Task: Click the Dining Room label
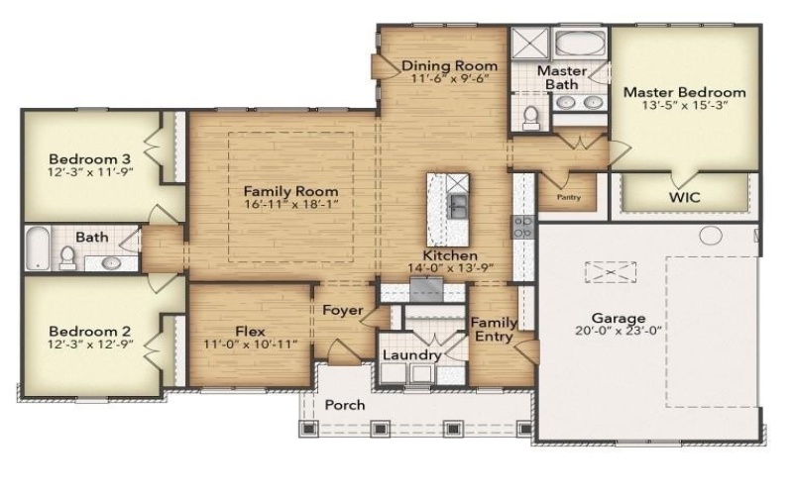(449, 66)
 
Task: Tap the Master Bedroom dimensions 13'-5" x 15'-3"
(684, 107)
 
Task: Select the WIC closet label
(683, 197)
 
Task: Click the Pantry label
(568, 197)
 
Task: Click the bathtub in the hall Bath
(36, 247)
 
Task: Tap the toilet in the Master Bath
(530, 117)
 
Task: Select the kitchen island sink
(459, 205)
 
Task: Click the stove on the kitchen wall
(522, 227)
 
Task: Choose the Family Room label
(290, 191)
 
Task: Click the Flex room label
(250, 332)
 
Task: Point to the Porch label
(345, 405)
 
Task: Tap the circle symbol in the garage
(711, 236)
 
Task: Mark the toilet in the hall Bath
(68, 258)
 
